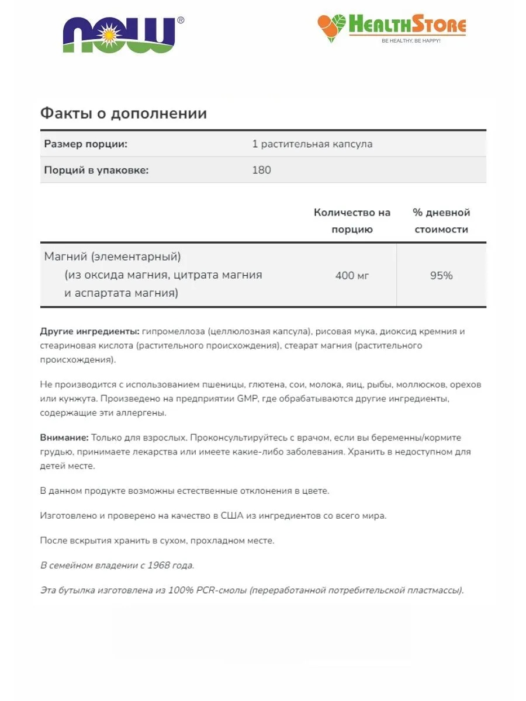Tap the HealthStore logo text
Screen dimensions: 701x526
pos(407,26)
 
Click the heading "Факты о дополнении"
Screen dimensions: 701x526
pos(123,113)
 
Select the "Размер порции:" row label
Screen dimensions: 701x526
pos(86,144)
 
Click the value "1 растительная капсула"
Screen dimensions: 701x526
pos(312,144)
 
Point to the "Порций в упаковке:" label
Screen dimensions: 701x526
pos(96,170)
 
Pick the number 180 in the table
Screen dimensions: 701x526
pos(261,170)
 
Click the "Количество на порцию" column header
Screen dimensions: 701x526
pos(352,221)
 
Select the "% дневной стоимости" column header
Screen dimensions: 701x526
pos(441,221)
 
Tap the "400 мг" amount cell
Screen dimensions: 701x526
pos(352,275)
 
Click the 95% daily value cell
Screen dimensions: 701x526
pos(441,275)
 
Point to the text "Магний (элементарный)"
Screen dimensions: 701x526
pos(112,257)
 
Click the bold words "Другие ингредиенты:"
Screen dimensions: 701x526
pos(89,331)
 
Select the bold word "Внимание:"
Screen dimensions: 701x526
pos(64,438)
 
